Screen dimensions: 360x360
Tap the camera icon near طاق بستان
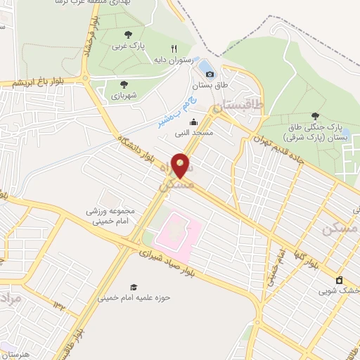click(x=210, y=74)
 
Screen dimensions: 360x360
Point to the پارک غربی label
click(x=127, y=46)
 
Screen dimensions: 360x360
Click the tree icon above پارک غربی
click(x=127, y=34)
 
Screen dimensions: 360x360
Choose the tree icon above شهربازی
click(x=115, y=84)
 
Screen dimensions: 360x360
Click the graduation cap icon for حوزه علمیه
click(x=133, y=287)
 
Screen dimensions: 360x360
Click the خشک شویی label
click(x=337, y=290)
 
